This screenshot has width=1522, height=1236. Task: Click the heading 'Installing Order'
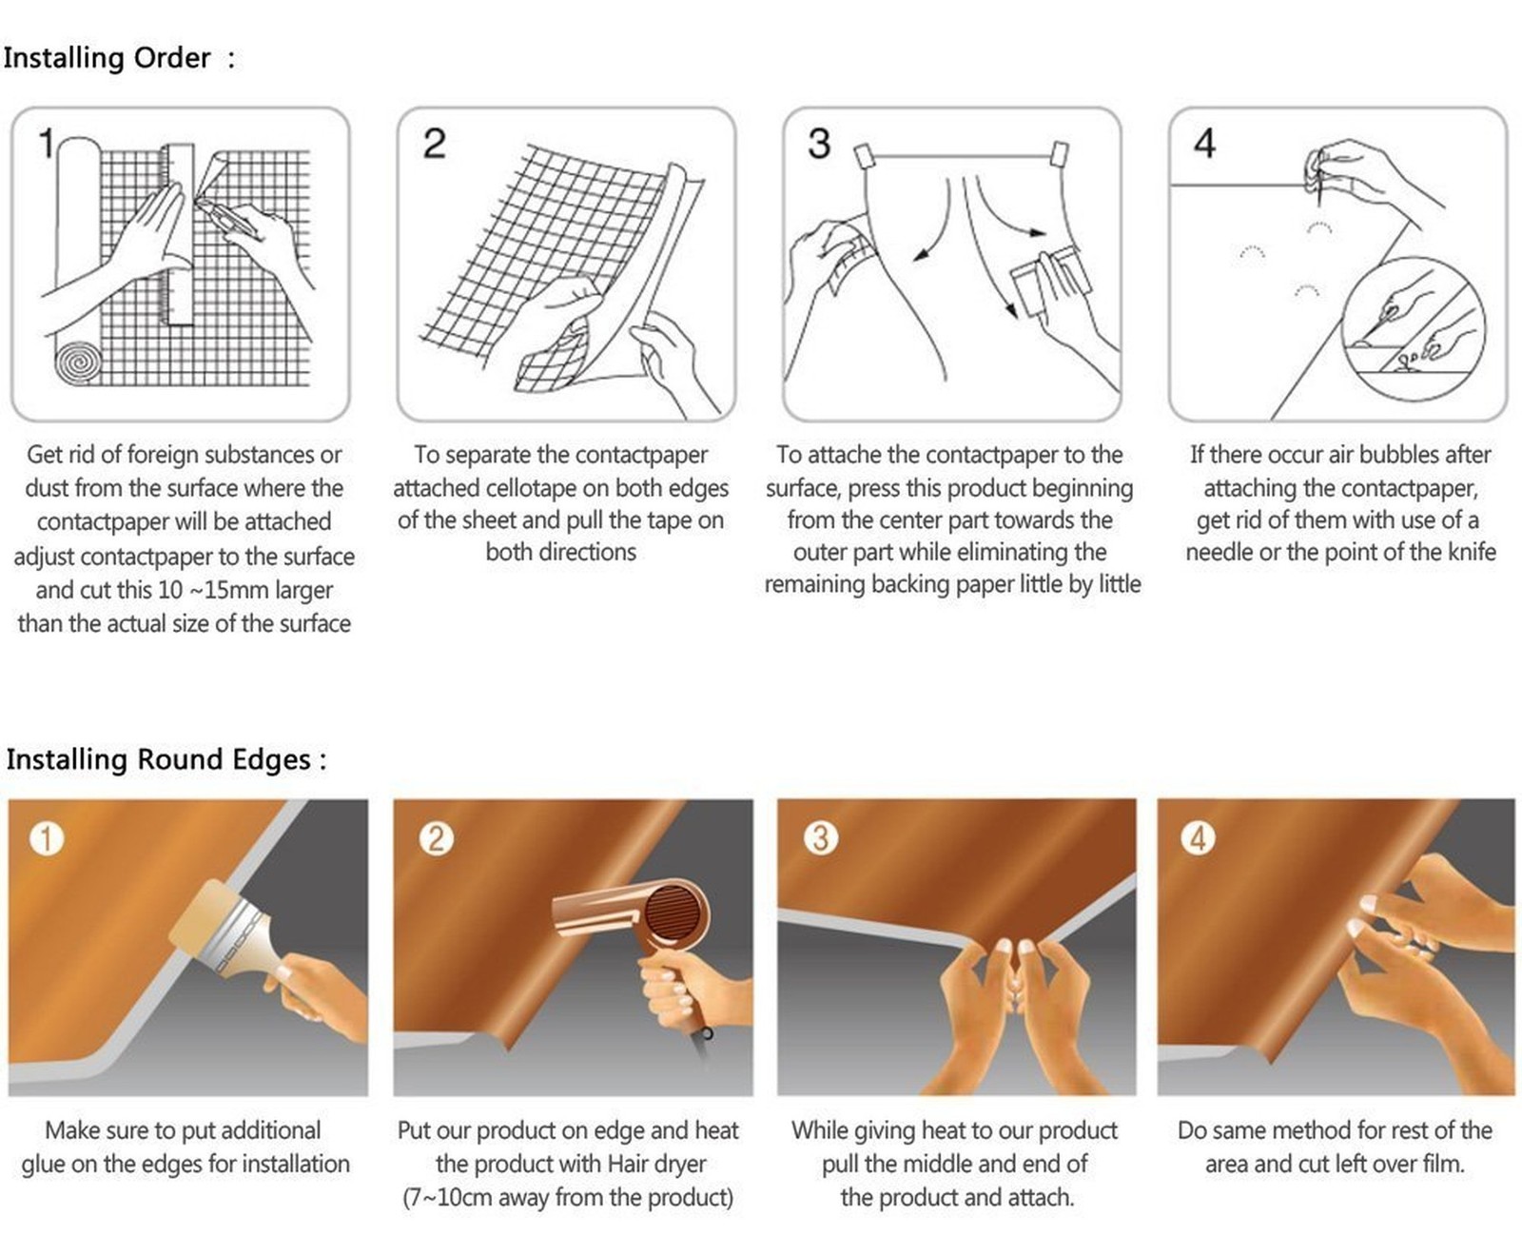(107, 58)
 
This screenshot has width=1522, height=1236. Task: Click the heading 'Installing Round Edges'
(158, 760)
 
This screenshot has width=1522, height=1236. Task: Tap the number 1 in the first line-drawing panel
(48, 143)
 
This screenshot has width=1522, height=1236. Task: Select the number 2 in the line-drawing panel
(435, 144)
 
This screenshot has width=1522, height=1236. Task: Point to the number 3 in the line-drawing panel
(820, 144)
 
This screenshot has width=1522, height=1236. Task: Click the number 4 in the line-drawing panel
(1204, 144)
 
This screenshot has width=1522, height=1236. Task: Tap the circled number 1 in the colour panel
(48, 838)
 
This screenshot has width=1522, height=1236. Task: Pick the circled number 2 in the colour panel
(436, 838)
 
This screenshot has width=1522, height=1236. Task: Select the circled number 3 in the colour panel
(821, 838)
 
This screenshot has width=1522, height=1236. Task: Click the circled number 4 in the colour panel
(1199, 838)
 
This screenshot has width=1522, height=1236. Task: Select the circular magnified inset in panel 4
(1413, 328)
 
